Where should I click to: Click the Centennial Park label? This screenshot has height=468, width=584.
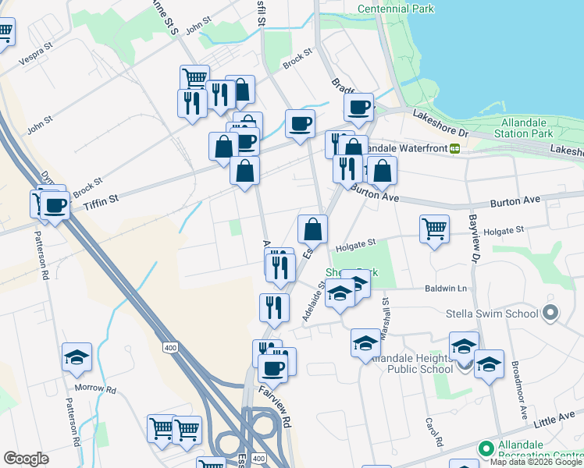[x=395, y=9]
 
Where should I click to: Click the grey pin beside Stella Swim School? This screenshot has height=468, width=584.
[x=550, y=314]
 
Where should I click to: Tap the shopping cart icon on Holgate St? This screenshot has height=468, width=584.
[x=434, y=229]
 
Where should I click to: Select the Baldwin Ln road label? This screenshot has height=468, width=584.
[x=445, y=289]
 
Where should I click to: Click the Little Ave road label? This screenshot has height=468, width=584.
[x=555, y=420]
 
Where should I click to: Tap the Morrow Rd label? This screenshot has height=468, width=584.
[x=95, y=388]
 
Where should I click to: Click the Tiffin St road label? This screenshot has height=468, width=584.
[x=101, y=200]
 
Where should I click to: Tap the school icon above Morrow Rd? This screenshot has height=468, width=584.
[x=77, y=356]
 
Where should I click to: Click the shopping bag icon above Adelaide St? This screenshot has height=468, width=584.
[x=312, y=229]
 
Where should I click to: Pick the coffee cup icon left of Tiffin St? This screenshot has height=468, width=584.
[x=55, y=206]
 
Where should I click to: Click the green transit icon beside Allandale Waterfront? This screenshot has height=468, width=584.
[x=454, y=147]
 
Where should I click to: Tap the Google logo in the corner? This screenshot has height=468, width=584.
[x=26, y=459]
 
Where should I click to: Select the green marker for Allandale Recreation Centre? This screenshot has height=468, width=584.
[x=485, y=448]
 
